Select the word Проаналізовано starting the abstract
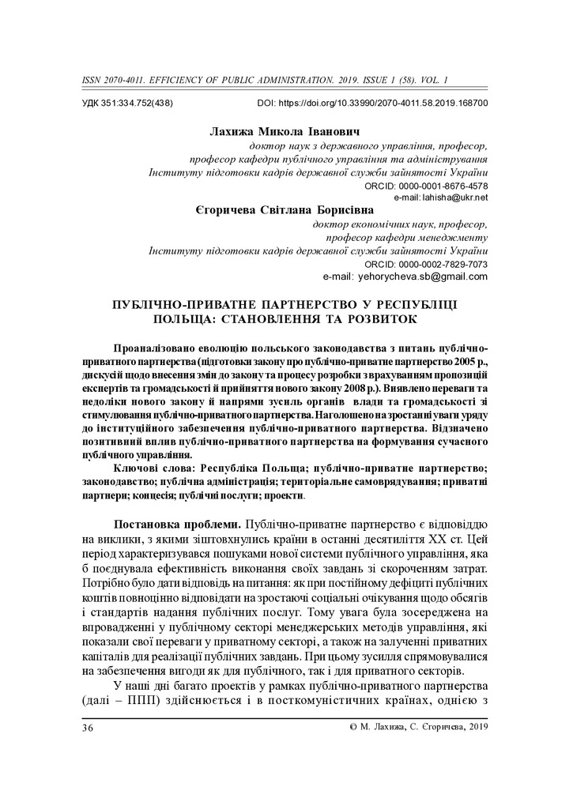pyautogui.click(x=156, y=348)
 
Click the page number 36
pyautogui.click(x=88, y=726)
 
